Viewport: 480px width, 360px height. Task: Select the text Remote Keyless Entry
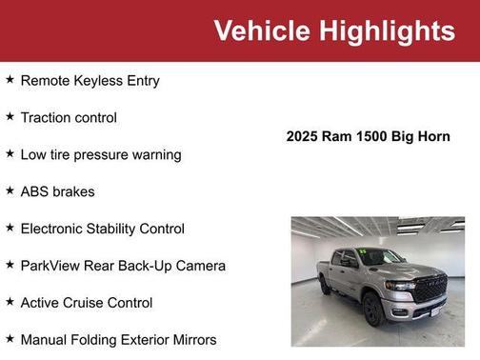coord(90,81)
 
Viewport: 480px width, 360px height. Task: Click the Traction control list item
coord(69,118)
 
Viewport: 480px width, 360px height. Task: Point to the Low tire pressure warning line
coord(100,154)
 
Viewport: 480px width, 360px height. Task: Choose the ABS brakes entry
coord(57,191)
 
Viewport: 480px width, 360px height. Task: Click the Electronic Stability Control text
coord(102,229)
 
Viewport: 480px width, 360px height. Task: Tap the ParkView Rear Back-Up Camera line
coord(123,266)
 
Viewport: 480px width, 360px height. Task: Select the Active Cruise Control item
coord(86,303)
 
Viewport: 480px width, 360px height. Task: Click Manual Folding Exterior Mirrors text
coord(118,340)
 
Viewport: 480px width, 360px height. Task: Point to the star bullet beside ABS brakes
coord(10,190)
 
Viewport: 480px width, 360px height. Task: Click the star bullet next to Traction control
coord(10,116)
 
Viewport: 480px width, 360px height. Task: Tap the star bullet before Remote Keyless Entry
coord(10,79)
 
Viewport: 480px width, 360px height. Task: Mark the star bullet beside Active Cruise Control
coord(10,302)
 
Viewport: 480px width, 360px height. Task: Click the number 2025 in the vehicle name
coord(305,136)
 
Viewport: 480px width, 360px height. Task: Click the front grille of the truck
coord(429,286)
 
